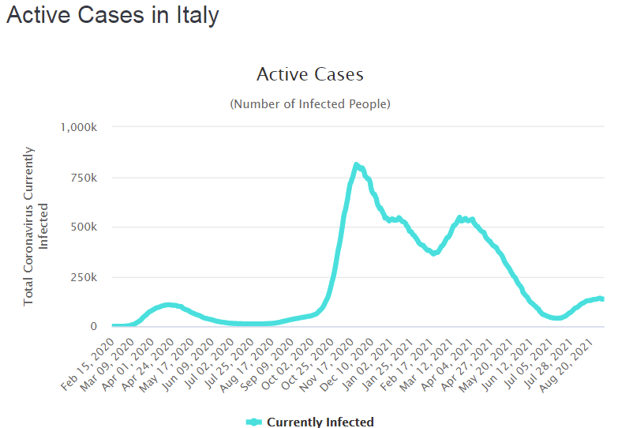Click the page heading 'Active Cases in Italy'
point(112,16)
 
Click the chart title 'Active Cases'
point(309,75)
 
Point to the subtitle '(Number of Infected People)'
point(309,104)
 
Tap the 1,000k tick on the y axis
point(78,127)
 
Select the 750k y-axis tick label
point(84,177)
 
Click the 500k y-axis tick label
point(84,227)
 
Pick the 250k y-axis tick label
point(84,277)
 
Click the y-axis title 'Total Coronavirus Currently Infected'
point(36,225)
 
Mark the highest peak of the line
point(356,165)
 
